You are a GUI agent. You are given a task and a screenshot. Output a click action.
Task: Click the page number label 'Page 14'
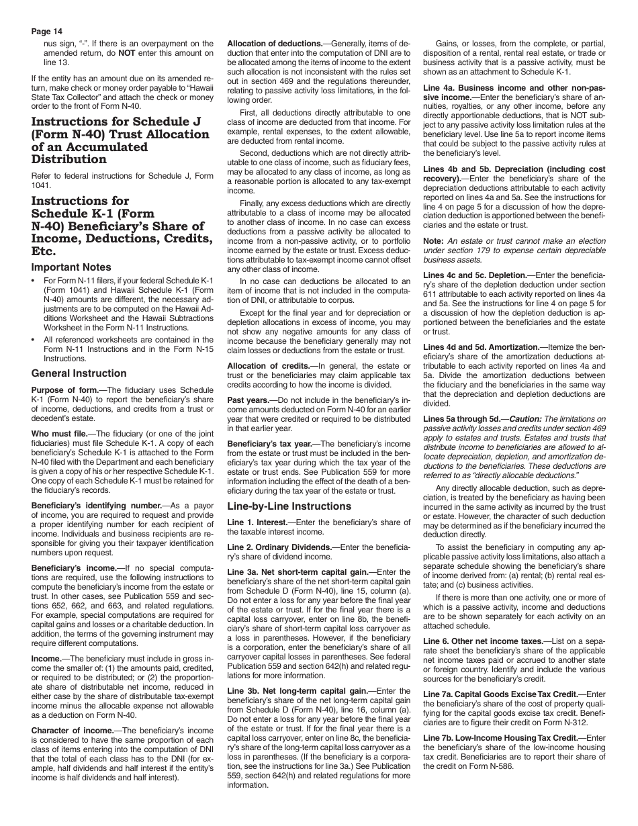point(48,31)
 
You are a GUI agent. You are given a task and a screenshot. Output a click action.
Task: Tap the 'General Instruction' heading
point(79,373)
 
